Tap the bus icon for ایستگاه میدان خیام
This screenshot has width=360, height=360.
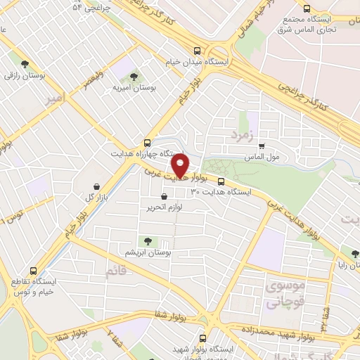coord(198,51)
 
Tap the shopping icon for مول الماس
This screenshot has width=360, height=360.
coord(261,146)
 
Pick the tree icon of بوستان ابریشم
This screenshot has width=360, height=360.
coord(148,241)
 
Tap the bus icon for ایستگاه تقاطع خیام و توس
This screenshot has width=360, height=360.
coord(34,271)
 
